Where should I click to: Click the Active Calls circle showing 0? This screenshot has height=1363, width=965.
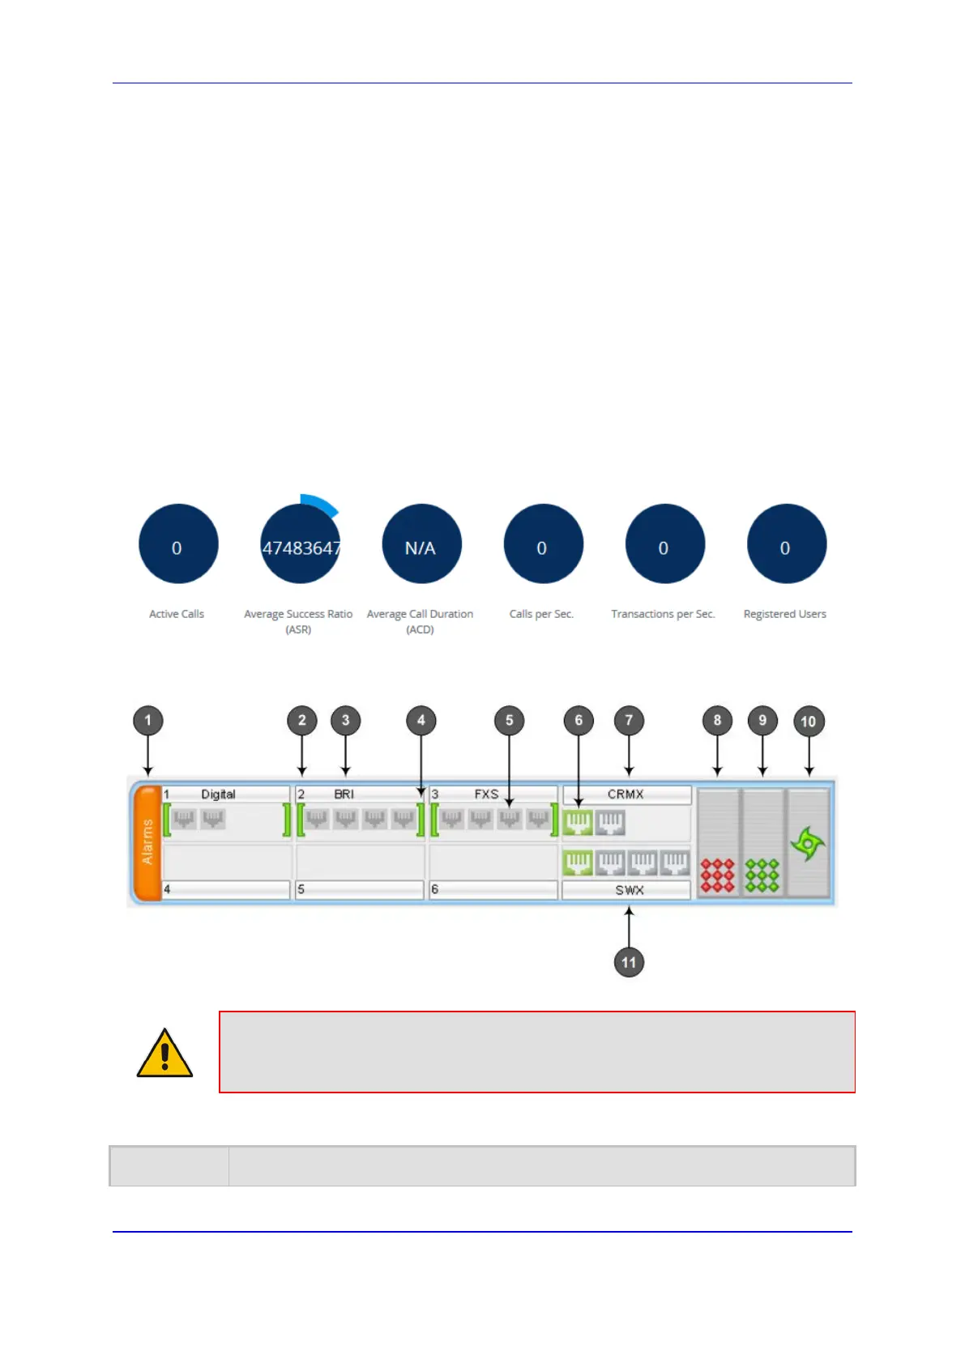pyautogui.click(x=178, y=544)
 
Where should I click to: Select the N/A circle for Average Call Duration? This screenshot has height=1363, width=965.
pyautogui.click(x=421, y=544)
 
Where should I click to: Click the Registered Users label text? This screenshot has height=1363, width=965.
pyautogui.click(x=784, y=614)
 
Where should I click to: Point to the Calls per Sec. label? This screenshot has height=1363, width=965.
pyautogui.click(x=541, y=614)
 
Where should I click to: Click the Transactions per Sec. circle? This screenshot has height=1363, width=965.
pyautogui.click(x=664, y=544)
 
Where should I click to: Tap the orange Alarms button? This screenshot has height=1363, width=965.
pyautogui.click(x=147, y=842)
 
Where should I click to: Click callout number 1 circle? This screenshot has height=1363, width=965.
pyautogui.click(x=147, y=720)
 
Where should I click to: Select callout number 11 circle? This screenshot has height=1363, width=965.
pyautogui.click(x=629, y=962)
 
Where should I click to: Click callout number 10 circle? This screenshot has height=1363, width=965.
pyautogui.click(x=808, y=721)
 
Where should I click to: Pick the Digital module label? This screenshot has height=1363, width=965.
pyautogui.click(x=218, y=794)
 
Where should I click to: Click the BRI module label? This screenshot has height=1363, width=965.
pyautogui.click(x=344, y=794)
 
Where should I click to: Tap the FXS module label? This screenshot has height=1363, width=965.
pyautogui.click(x=486, y=794)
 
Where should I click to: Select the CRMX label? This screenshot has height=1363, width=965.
pyautogui.click(x=626, y=794)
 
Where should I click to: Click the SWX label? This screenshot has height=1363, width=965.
pyautogui.click(x=629, y=890)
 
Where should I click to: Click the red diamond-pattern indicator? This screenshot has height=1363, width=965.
pyautogui.click(x=717, y=875)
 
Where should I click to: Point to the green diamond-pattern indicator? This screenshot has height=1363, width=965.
pyautogui.click(x=762, y=875)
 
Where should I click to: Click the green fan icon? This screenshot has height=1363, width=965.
pyautogui.click(x=808, y=844)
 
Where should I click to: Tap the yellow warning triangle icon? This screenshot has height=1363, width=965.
pyautogui.click(x=164, y=1054)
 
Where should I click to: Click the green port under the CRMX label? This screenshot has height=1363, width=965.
pyautogui.click(x=578, y=824)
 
